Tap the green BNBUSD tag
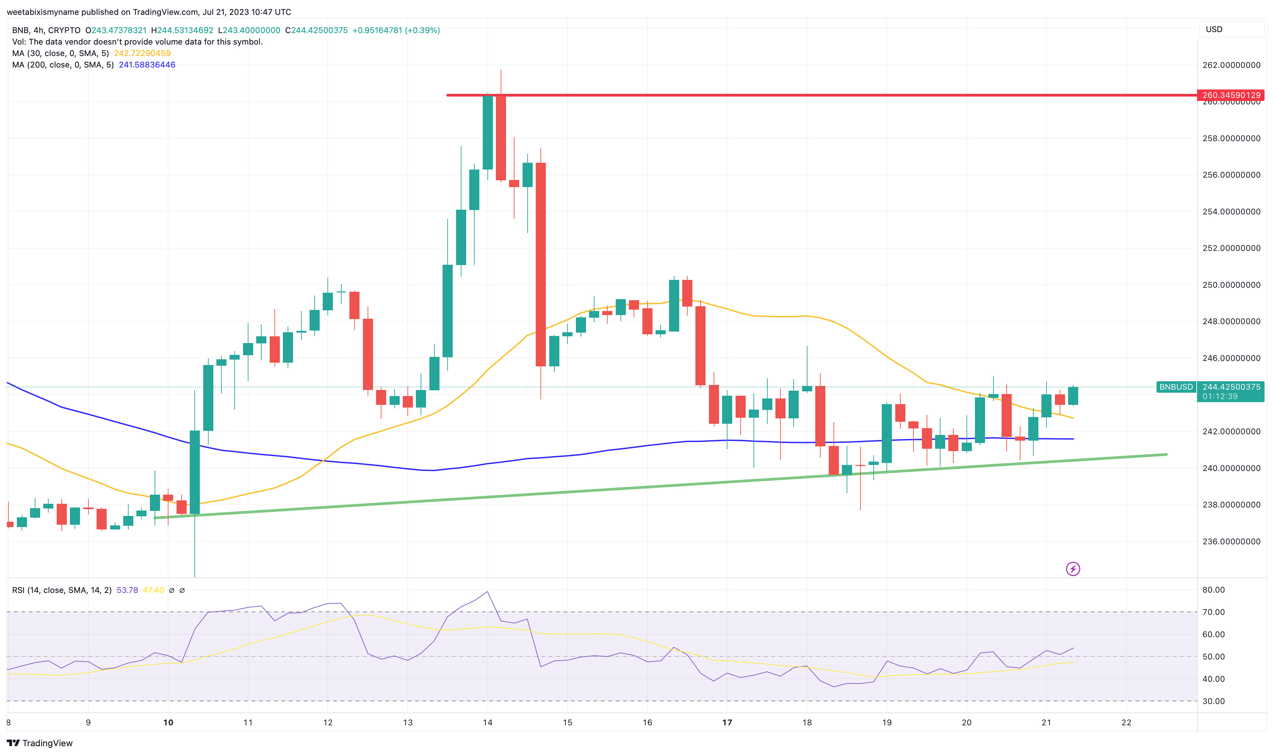[1175, 387]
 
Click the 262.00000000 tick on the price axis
[1231, 65]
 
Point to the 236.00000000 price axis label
[1231, 541]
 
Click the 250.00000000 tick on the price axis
[1231, 285]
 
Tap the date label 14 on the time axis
[487, 723]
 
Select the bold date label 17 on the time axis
[727, 723]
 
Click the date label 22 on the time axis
[1126, 723]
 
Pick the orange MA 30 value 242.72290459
[142, 53]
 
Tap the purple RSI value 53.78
[127, 590]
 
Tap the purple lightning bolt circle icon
[1072, 569]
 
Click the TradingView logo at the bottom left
[40, 743]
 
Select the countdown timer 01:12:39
[1220, 397]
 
